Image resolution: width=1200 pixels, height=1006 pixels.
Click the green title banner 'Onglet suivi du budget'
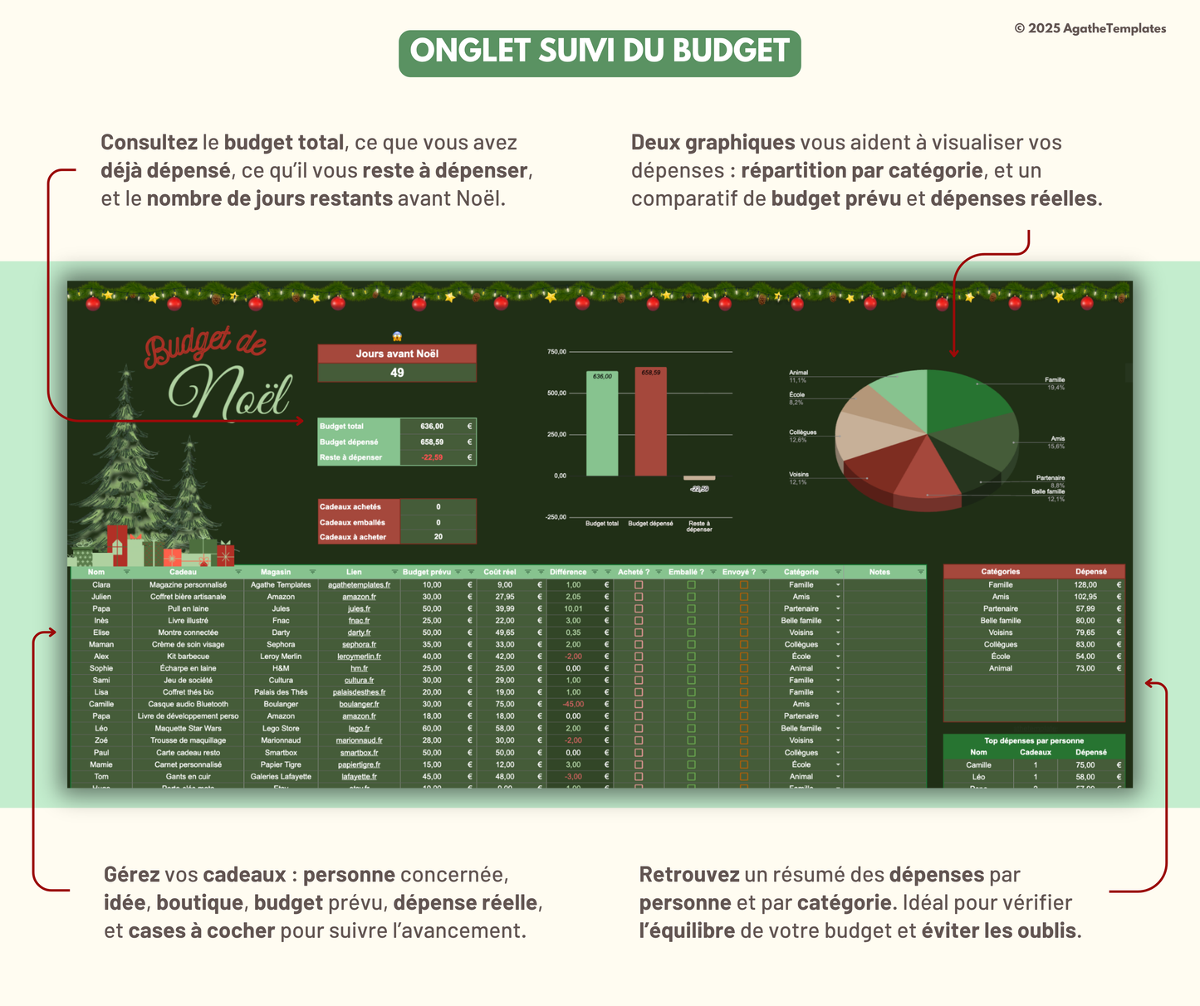(600, 53)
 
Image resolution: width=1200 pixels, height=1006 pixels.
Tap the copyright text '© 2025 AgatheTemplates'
(1090, 28)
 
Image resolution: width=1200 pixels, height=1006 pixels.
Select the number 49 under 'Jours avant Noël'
(397, 373)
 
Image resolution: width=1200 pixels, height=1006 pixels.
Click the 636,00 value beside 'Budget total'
(432, 427)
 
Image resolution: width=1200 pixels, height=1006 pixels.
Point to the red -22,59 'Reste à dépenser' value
(432, 457)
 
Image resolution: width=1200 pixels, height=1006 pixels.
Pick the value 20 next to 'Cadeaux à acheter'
(438, 537)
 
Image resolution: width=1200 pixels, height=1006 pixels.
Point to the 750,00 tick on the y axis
(556, 352)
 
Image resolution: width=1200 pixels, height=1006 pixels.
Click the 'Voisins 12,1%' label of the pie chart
(798, 478)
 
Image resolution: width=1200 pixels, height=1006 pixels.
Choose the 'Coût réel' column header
(500, 572)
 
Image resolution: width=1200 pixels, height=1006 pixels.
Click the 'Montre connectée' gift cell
(188, 632)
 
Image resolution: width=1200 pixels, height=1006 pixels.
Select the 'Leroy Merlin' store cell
(281, 657)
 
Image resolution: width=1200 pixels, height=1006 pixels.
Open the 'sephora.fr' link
(359, 645)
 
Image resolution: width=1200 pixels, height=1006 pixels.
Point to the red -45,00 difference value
(573, 704)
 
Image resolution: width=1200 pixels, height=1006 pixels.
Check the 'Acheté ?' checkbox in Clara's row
(639, 585)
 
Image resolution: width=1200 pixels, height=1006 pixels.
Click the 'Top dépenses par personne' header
(1034, 740)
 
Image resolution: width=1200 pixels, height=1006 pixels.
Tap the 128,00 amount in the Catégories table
(1085, 585)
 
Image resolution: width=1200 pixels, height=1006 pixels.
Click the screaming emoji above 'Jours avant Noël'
(397, 337)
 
